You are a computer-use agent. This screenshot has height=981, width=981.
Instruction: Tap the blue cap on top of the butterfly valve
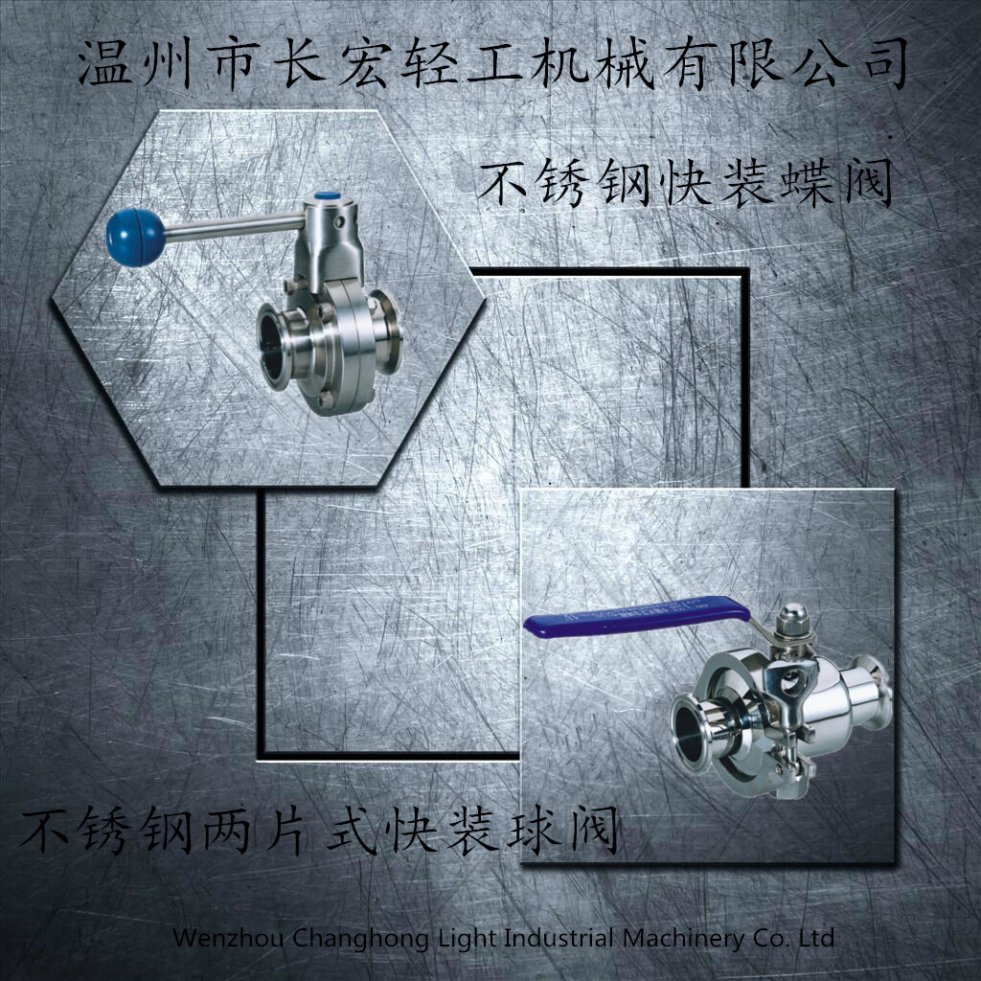point(323,197)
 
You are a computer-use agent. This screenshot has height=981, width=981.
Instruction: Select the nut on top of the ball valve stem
point(793,619)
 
